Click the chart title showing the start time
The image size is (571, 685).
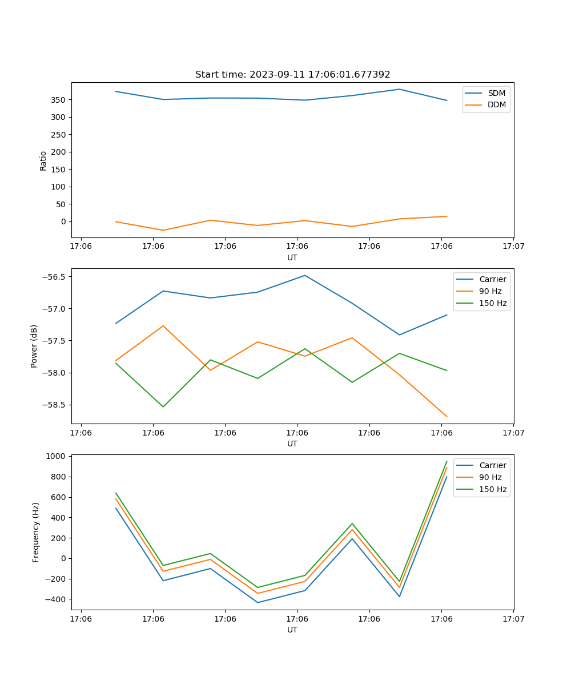[292, 75]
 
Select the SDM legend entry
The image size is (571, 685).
[496, 93]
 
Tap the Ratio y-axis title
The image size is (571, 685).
[43, 160]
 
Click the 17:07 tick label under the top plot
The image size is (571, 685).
[513, 246]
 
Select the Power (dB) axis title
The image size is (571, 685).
[34, 346]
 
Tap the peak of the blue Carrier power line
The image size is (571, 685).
[305, 275]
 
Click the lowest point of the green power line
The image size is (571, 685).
[163, 407]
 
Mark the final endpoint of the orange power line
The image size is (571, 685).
[447, 417]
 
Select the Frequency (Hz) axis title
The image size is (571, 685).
[36, 532]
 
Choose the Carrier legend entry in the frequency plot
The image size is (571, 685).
[492, 465]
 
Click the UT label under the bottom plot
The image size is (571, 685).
[292, 630]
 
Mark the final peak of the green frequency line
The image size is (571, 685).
[447, 461]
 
